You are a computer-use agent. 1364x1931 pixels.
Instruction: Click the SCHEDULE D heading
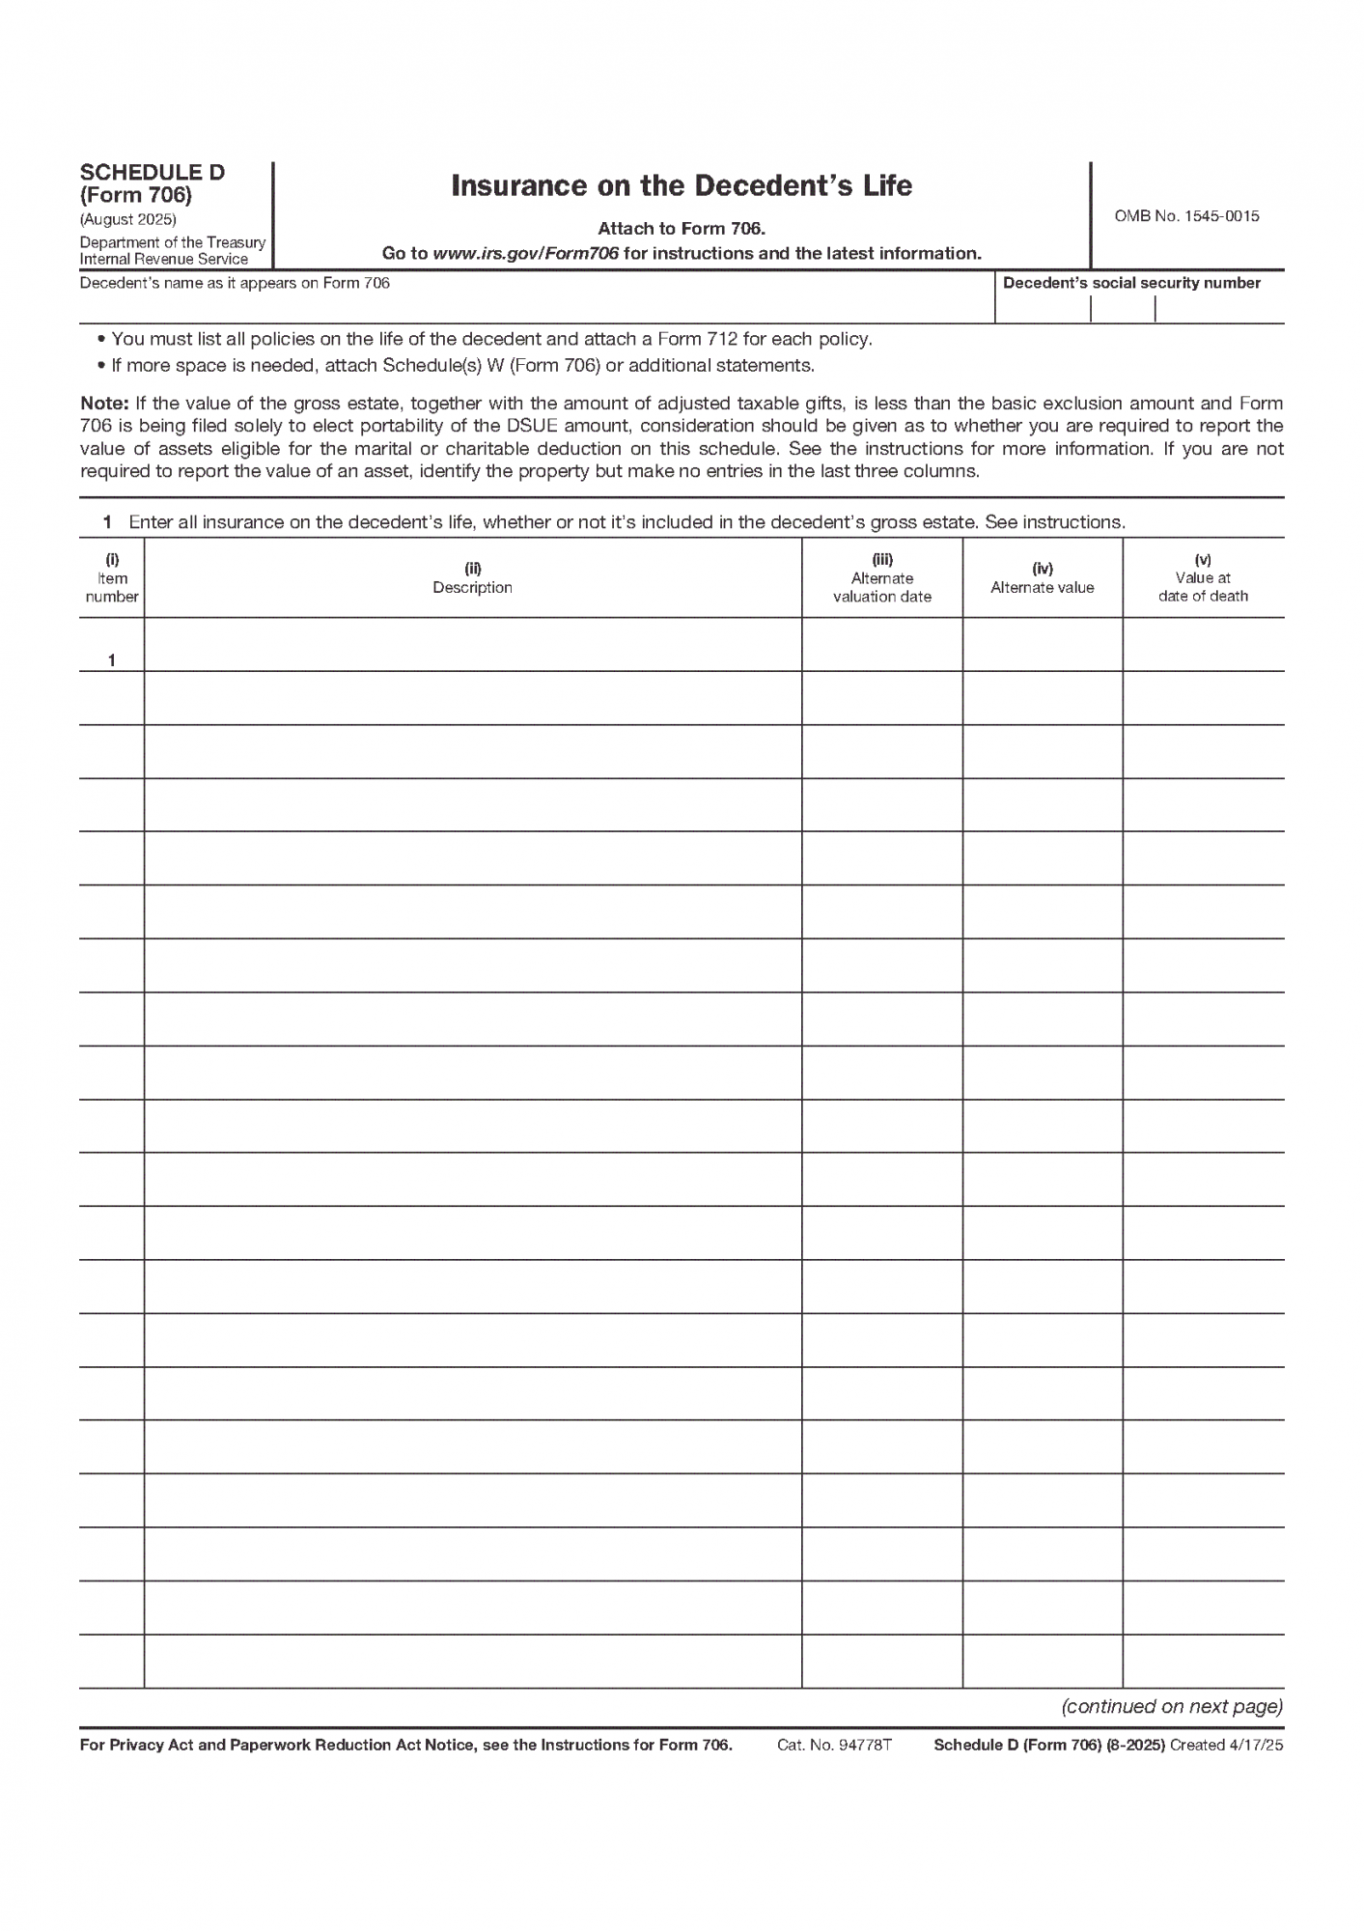(152, 173)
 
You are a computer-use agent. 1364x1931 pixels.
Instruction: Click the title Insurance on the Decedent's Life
(682, 185)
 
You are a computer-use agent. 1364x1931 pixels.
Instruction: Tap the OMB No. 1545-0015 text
(1186, 216)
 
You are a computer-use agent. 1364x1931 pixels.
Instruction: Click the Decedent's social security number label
(1131, 283)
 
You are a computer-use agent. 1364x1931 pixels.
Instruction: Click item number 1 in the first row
(112, 660)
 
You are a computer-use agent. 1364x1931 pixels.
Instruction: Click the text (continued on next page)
(1172, 1706)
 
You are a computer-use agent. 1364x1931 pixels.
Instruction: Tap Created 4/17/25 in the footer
(1226, 1745)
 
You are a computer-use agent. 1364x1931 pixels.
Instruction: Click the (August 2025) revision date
(127, 219)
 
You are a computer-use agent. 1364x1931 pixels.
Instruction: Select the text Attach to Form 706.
(682, 229)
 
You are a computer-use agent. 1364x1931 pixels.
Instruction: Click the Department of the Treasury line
(172, 242)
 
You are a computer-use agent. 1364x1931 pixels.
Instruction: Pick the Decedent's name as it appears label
(235, 283)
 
